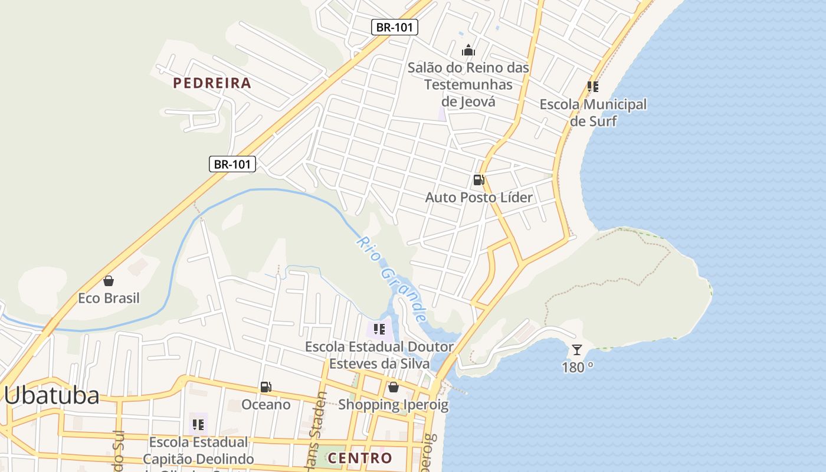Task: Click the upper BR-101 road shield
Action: [x=395, y=27]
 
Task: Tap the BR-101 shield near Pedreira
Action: [x=232, y=164]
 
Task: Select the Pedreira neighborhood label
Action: [x=212, y=83]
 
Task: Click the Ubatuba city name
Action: [x=52, y=395]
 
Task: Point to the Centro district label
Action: [x=360, y=458]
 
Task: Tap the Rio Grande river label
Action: [x=392, y=279]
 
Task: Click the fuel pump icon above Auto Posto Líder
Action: [x=478, y=180]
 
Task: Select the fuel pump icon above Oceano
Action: [x=266, y=387]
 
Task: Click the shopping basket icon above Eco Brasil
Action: [x=109, y=281]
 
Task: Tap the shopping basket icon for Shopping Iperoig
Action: [x=393, y=388]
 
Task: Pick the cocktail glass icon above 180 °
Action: [x=577, y=350]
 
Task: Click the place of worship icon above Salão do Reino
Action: [x=468, y=50]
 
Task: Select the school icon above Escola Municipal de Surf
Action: [x=593, y=87]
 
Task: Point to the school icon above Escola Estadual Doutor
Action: [x=379, y=329]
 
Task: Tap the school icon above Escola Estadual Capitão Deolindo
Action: [x=198, y=424]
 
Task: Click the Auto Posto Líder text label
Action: [x=479, y=198]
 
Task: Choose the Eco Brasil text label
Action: [x=109, y=299]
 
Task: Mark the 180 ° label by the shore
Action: [x=578, y=368]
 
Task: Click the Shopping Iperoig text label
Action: [x=393, y=405]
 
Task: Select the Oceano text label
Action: [x=266, y=405]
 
